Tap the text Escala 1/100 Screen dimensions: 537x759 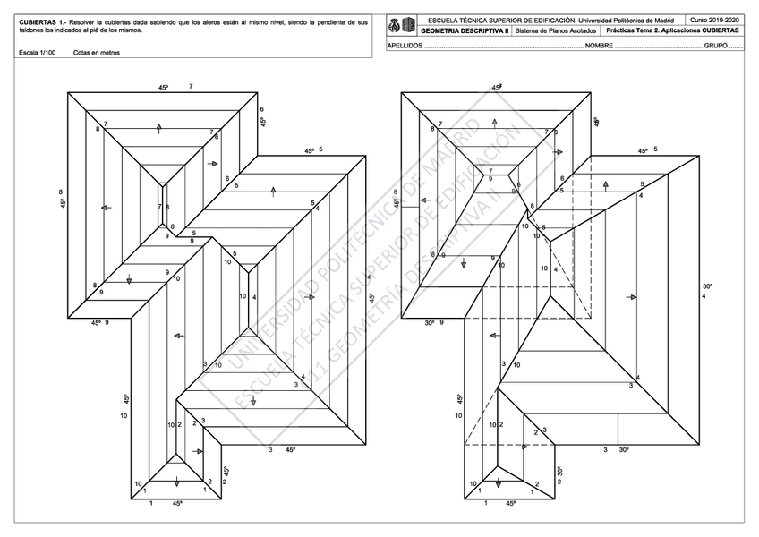(x=37, y=53)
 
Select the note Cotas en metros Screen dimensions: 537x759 (x=97, y=53)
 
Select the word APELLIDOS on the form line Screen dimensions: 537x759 (x=405, y=44)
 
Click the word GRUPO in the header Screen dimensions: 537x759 (x=715, y=44)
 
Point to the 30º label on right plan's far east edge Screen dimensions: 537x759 (x=707, y=286)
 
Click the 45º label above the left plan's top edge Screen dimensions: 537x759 (x=164, y=88)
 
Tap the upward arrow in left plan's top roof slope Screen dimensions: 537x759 (x=158, y=127)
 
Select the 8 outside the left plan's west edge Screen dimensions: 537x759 (x=61, y=192)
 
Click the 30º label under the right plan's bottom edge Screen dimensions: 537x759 (x=624, y=449)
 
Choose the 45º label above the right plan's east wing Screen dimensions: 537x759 (x=643, y=150)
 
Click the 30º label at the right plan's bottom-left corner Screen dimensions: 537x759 (x=430, y=322)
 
